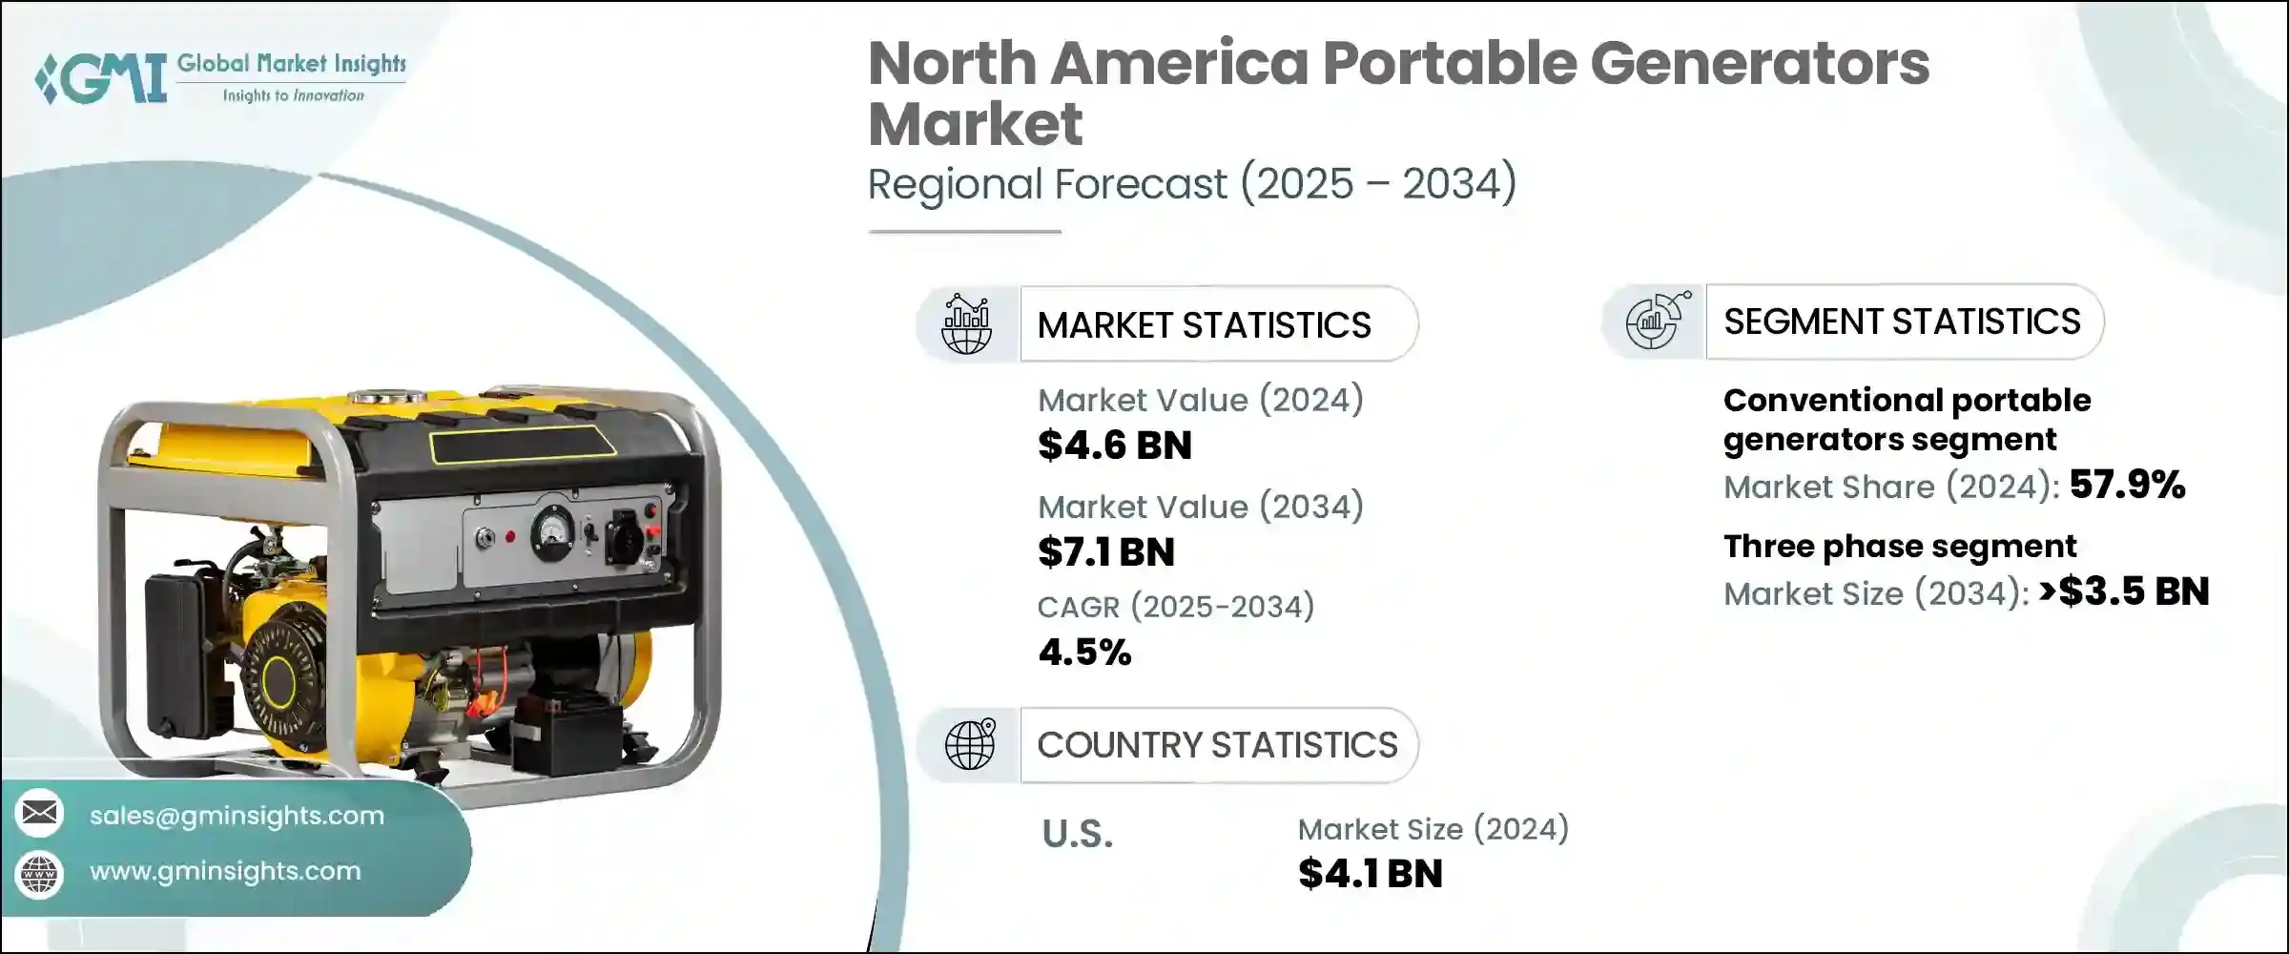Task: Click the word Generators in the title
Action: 1759,64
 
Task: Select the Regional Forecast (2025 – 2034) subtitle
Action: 1191,183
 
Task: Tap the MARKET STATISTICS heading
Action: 1204,325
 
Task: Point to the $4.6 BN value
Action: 1115,446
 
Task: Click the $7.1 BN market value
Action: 1106,552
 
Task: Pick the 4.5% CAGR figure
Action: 1084,653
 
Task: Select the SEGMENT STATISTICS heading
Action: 1902,321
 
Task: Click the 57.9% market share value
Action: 2127,485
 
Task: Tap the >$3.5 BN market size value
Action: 2124,591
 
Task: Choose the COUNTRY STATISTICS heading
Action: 1217,745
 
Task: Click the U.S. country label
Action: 1078,835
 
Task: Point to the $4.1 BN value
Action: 1370,874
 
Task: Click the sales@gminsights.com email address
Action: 237,816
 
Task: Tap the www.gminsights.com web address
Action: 225,871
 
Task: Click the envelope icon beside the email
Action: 39,813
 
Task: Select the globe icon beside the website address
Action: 39,873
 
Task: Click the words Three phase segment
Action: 1899,547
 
